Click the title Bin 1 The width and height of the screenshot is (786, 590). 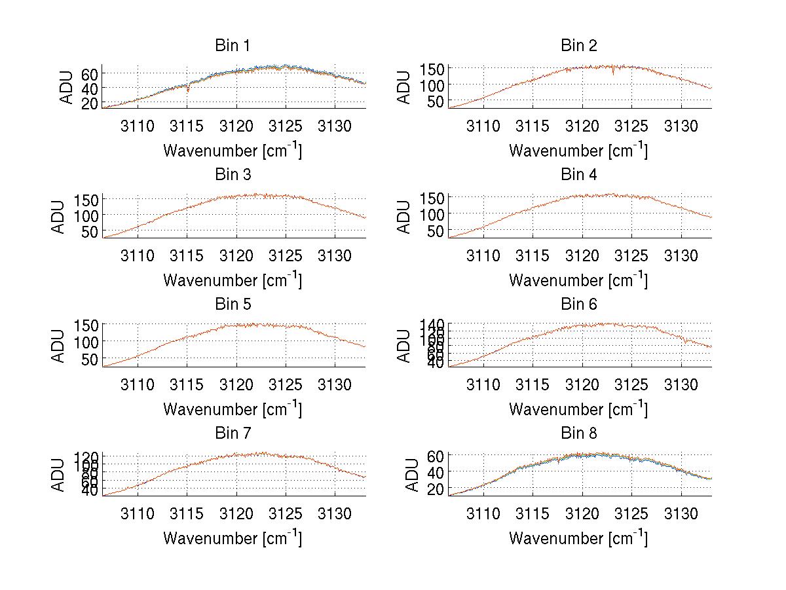point(233,46)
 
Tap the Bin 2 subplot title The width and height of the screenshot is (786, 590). point(579,46)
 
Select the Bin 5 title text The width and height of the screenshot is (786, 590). point(233,304)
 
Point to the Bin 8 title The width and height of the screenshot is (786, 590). point(579,433)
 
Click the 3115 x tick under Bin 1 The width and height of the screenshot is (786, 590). point(187,126)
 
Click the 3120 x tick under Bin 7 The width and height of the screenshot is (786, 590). point(236,513)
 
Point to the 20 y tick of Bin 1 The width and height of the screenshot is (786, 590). point(90,103)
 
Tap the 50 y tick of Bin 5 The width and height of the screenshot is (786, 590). point(90,359)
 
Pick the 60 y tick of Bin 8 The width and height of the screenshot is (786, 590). point(436,455)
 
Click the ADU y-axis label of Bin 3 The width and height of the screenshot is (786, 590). point(60,217)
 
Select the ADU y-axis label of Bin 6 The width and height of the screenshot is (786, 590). point(405,346)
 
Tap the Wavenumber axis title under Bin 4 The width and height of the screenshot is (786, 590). point(578,280)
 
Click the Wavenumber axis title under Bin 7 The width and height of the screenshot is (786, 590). point(233,538)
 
